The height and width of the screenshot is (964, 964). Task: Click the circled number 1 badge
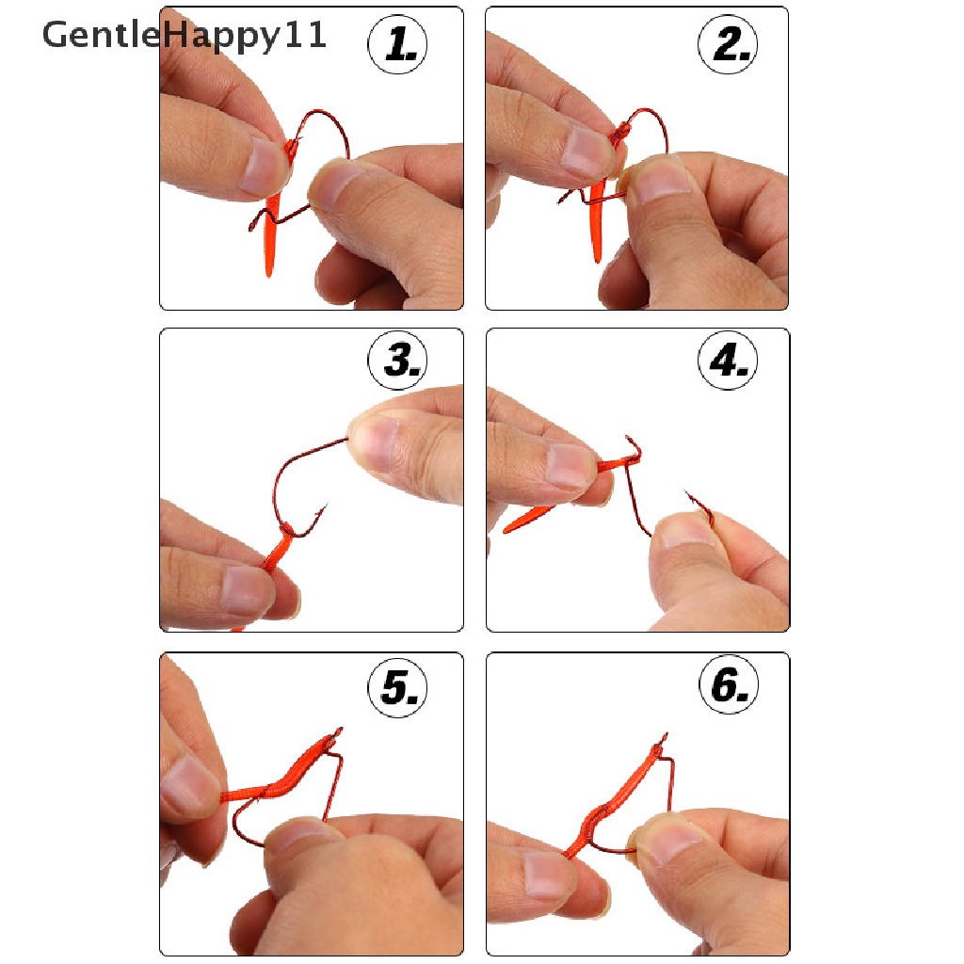click(x=398, y=44)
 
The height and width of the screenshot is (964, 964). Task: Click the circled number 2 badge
click(x=728, y=44)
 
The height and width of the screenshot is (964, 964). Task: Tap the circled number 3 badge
click(x=398, y=361)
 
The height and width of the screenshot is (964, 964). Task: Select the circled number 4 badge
click(x=728, y=361)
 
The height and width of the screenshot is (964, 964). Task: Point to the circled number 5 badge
click(x=398, y=686)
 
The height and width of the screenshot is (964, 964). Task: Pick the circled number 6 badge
click(x=730, y=684)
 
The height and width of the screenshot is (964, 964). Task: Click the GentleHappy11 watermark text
click(x=184, y=36)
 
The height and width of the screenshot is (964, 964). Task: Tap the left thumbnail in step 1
click(x=262, y=165)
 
